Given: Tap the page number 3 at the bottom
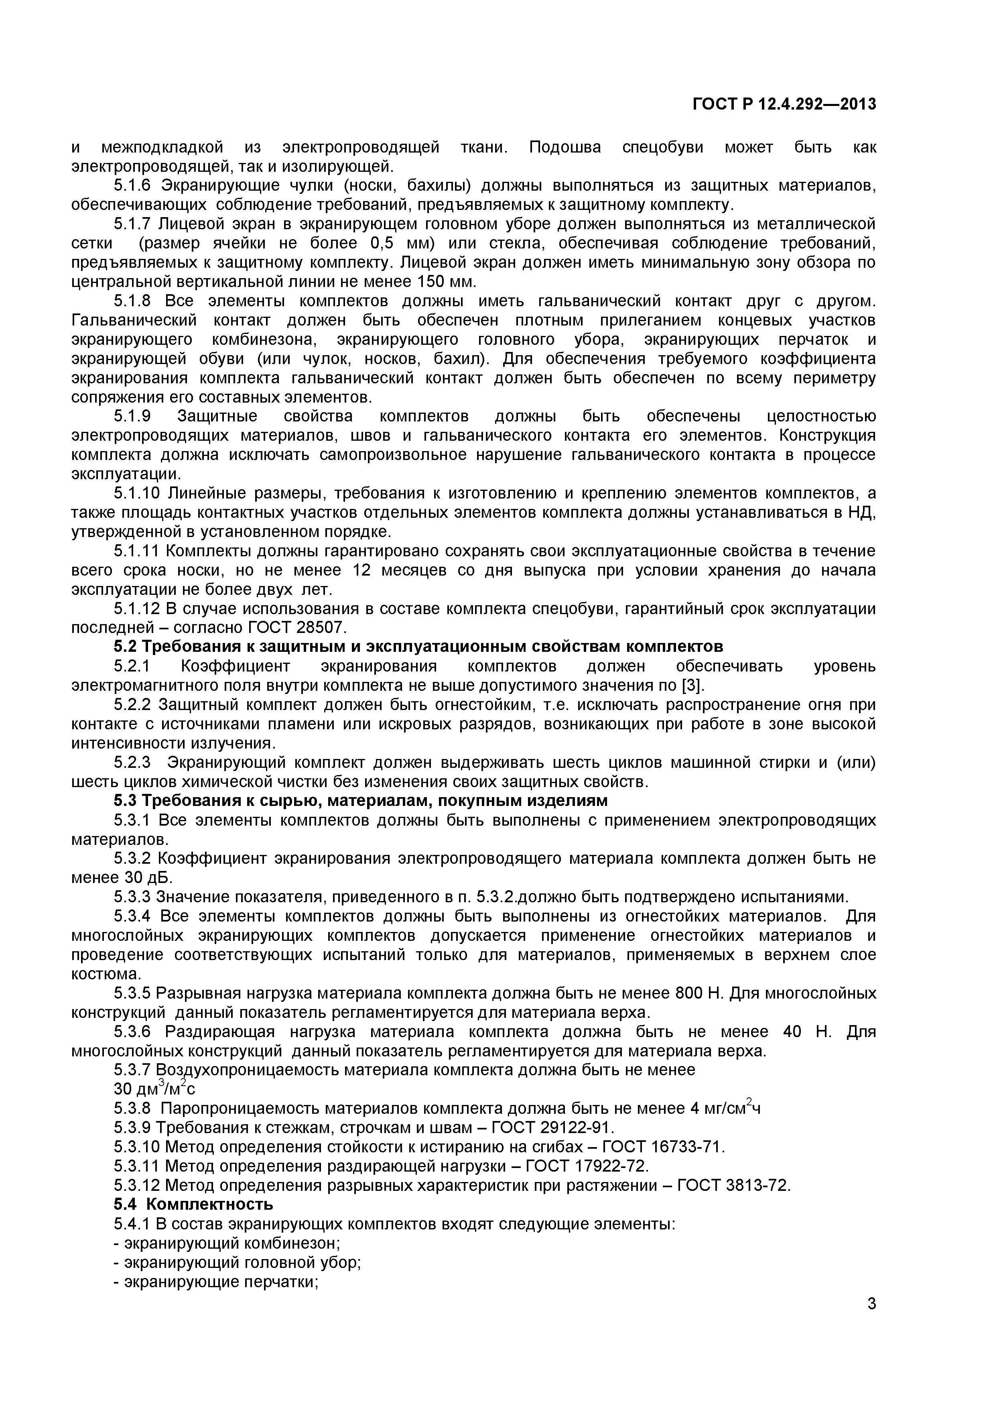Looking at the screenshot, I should pyautogui.click(x=871, y=1321).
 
